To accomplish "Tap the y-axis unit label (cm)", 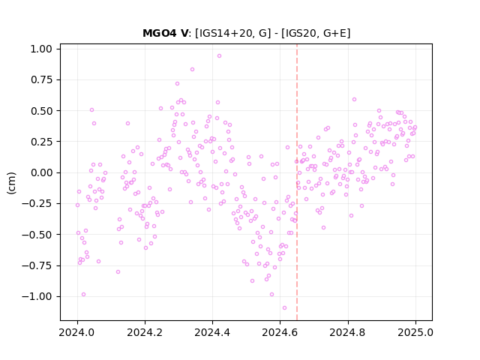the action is [x=11, y=183].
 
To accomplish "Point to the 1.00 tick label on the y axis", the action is [x=41, y=49].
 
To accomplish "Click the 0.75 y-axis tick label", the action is [x=41, y=80].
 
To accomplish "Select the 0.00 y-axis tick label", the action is [x=41, y=172].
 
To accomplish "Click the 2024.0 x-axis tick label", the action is [x=77, y=332].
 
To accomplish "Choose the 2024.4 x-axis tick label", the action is [x=212, y=332].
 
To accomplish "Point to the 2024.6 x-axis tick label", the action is [x=280, y=332].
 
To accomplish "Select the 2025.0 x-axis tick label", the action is [x=415, y=332].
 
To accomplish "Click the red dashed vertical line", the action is [x=297, y=182].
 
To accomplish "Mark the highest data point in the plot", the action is [x=219, y=55].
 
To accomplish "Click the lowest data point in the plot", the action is [x=284, y=307].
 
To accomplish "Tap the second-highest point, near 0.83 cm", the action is [x=192, y=69].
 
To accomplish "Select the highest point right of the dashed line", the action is [x=354, y=99].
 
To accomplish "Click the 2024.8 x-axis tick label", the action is [x=348, y=332].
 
